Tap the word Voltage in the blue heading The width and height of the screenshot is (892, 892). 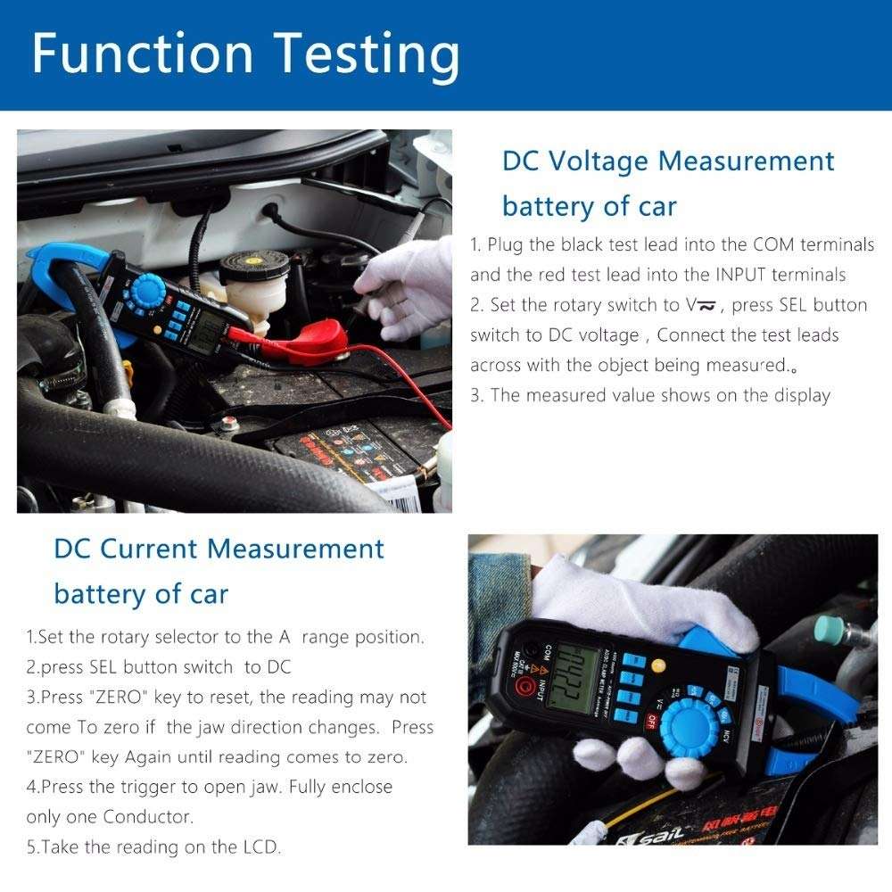(596, 161)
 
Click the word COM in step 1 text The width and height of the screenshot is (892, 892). (775, 244)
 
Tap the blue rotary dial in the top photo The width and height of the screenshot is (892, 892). (147, 291)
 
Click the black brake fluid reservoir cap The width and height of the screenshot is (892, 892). (249, 262)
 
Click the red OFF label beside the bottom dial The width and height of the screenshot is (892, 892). (650, 721)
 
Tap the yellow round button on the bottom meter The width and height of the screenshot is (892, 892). (659, 665)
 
